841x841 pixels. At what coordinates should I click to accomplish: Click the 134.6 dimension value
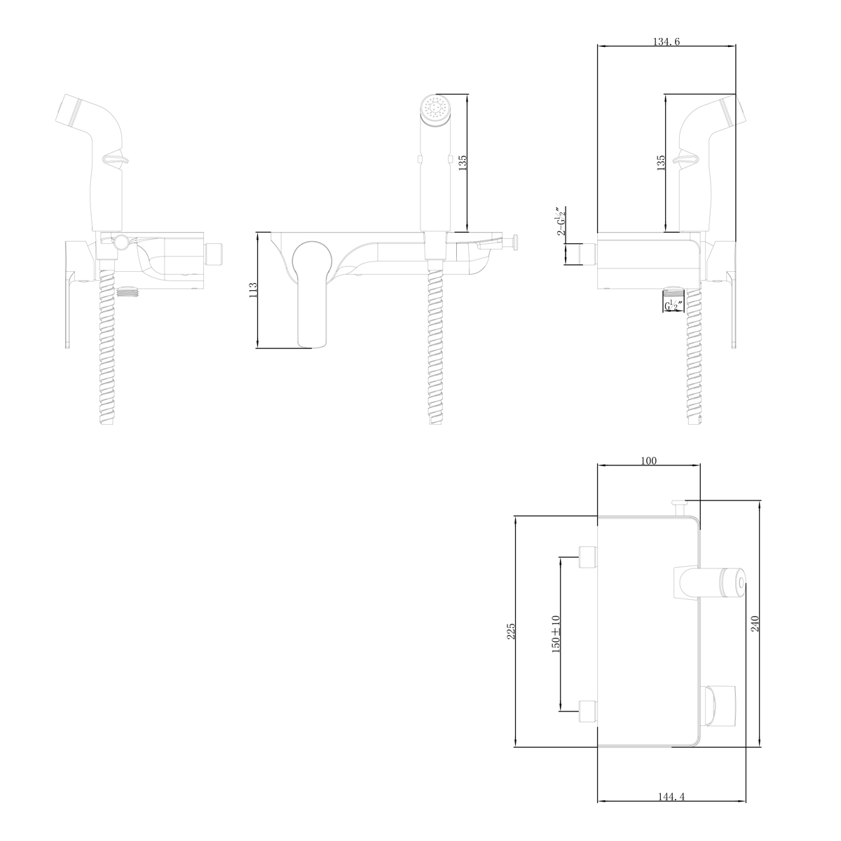pyautogui.click(x=666, y=42)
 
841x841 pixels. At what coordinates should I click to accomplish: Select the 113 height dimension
pyautogui.click(x=253, y=290)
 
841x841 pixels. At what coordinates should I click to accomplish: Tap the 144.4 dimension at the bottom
pyautogui.click(x=671, y=796)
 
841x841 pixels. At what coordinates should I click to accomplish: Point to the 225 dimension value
pyautogui.click(x=511, y=631)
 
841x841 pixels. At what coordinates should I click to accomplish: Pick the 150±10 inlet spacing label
pyautogui.click(x=556, y=634)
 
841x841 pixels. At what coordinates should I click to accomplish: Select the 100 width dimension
pyautogui.click(x=648, y=461)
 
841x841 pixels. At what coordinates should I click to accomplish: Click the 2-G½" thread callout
pyautogui.click(x=561, y=221)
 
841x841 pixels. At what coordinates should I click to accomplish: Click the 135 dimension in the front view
pyautogui.click(x=463, y=163)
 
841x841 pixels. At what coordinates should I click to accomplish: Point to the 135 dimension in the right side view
pyautogui.click(x=661, y=163)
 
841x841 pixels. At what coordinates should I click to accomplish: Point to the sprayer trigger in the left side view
pyautogui.click(x=117, y=160)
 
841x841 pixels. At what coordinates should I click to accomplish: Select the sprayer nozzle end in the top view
pyautogui.click(x=736, y=582)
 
